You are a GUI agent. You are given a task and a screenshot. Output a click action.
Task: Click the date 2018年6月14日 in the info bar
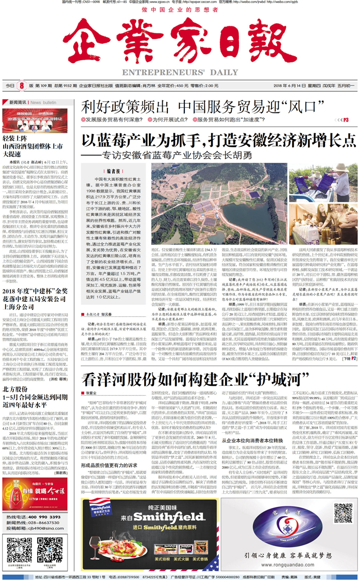pyautogui.click(x=285, y=86)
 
